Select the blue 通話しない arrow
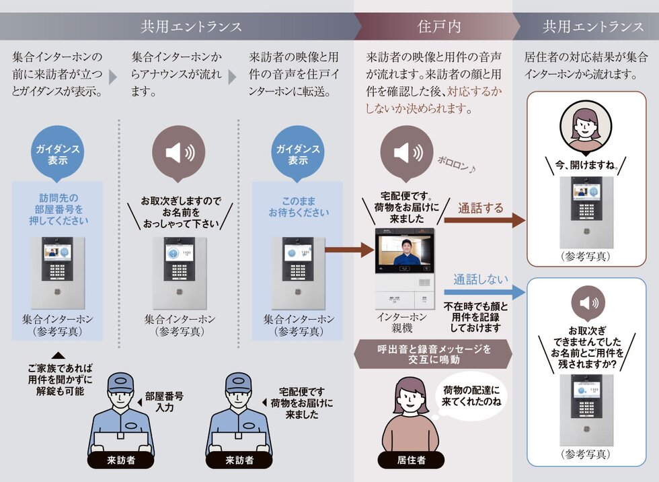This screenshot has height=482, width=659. click(484, 291)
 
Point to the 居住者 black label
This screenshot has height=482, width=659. click(411, 460)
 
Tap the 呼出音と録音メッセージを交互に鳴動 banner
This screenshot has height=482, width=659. click(434, 355)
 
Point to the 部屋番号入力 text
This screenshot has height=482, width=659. click(165, 402)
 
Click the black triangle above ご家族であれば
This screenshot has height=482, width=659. click(59, 355)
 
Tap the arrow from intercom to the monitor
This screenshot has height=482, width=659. click(348, 251)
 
